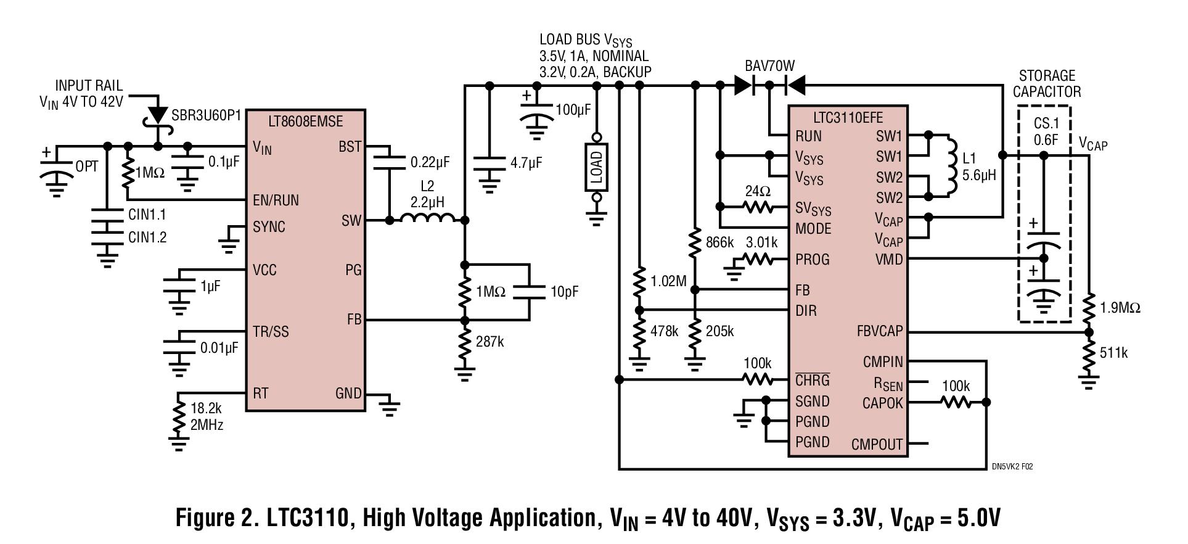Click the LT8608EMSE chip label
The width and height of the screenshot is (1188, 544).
(x=306, y=121)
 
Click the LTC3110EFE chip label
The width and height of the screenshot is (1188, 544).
(x=848, y=118)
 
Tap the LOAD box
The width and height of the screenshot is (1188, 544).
(x=596, y=167)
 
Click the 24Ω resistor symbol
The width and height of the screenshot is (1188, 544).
(x=759, y=207)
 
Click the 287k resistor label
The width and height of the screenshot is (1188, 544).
(x=490, y=342)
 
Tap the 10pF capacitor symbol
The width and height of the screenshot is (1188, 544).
(x=529, y=291)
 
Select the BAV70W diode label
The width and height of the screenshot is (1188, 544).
(x=769, y=66)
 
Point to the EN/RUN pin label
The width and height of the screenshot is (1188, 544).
(x=276, y=200)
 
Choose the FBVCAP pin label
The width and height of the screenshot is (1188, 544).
(x=879, y=331)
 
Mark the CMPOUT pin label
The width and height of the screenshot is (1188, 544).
(x=877, y=444)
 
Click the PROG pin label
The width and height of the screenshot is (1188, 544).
(x=812, y=259)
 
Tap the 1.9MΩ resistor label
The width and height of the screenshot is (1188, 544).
(x=1120, y=307)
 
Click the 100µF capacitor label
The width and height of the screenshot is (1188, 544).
(x=573, y=110)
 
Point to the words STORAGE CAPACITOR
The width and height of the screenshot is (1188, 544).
(x=1047, y=84)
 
